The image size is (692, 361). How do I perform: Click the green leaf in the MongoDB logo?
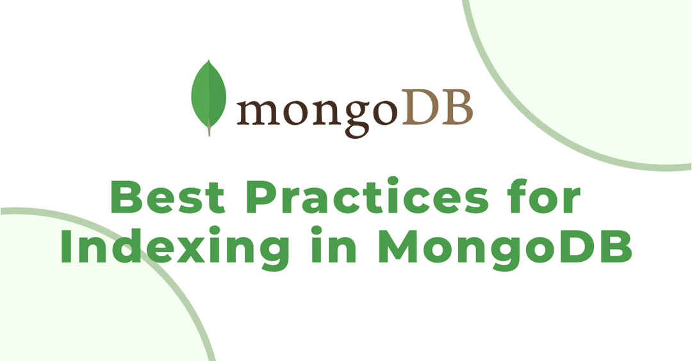click(x=208, y=95)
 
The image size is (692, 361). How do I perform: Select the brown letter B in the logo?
click(x=456, y=106)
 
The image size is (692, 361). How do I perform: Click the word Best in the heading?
click(x=168, y=197)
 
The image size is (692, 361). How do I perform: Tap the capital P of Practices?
click(x=262, y=197)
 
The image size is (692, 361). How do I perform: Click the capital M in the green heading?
click(x=399, y=246)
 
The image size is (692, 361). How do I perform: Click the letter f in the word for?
click(x=517, y=196)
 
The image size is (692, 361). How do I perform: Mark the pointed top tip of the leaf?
click(x=209, y=60)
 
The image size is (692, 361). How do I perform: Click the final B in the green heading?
click(x=616, y=246)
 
